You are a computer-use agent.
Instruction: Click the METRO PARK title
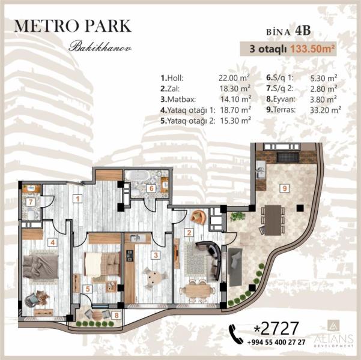tap(73, 26)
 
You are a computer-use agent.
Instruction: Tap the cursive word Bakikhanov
tap(100, 47)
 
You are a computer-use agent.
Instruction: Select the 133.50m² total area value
tap(312, 49)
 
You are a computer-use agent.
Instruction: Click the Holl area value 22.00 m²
tap(234, 78)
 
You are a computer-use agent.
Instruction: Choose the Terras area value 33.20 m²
tap(326, 110)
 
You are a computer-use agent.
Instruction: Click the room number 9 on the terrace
tap(285, 188)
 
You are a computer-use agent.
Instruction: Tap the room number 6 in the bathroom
tap(151, 188)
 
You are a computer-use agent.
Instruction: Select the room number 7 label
tap(31, 202)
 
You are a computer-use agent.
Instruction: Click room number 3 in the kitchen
tap(156, 255)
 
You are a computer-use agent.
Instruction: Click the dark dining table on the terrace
tap(273, 220)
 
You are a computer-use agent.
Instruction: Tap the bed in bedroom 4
tap(40, 266)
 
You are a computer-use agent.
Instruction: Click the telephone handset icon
tap(235, 334)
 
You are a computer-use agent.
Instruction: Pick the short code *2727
tap(276, 328)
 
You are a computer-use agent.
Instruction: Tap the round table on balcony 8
tap(97, 314)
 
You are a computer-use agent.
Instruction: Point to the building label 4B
tap(303, 31)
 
